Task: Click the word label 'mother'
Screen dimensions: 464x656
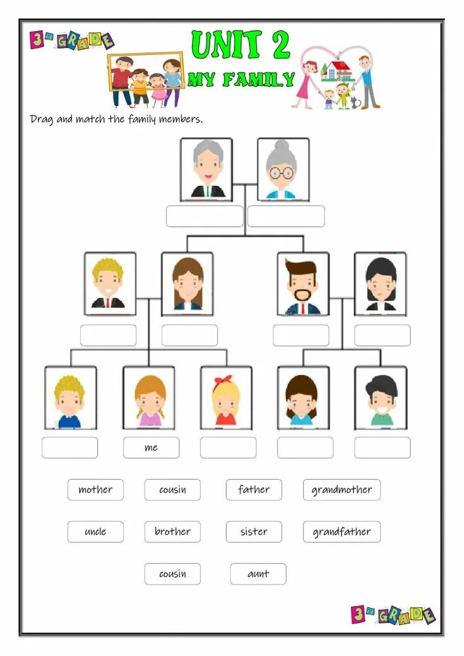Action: (95, 489)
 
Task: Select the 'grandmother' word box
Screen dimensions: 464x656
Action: (342, 489)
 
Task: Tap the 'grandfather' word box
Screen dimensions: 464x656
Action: (342, 532)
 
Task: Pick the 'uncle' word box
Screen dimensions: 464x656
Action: (95, 532)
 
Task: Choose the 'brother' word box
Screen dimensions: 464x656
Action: (172, 532)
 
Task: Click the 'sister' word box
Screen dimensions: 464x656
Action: (254, 532)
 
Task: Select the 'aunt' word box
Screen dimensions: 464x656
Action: (258, 574)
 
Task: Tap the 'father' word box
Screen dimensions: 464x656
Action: (254, 489)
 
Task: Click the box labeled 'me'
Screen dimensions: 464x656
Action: (151, 448)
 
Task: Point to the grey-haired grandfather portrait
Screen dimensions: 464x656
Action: (206, 169)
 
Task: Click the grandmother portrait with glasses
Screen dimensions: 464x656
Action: (283, 169)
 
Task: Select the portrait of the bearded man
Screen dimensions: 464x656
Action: (303, 283)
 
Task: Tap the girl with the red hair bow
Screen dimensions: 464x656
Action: (225, 398)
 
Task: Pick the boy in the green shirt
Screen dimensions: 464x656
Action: (380, 398)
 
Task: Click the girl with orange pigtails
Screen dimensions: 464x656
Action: (149, 398)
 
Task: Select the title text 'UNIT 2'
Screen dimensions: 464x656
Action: (241, 45)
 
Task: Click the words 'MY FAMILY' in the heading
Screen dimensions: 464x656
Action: (241, 80)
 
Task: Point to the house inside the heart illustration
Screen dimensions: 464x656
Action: (336, 69)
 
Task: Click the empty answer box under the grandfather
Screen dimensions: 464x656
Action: (205, 216)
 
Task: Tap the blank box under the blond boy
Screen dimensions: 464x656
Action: (69, 448)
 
